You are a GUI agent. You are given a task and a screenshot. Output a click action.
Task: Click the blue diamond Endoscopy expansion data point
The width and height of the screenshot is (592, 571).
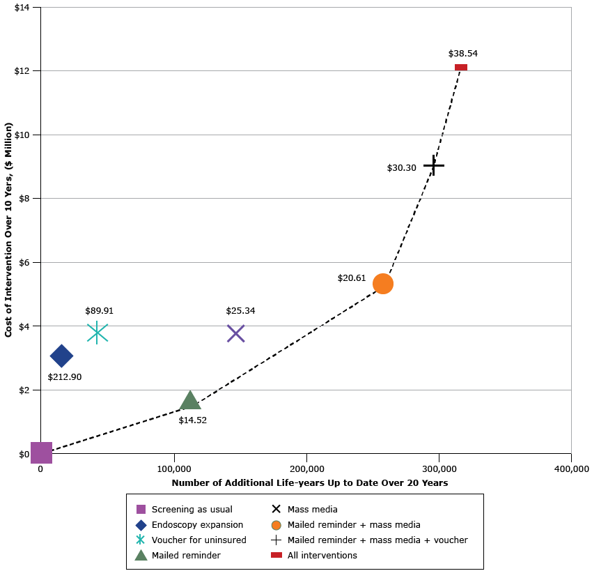coord(61,356)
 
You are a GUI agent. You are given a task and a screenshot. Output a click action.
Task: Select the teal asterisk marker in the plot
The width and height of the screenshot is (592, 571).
coord(98,333)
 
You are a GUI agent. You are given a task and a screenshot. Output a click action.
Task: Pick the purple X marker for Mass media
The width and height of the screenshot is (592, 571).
coord(235,333)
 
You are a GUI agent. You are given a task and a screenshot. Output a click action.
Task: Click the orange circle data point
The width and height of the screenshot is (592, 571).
coord(383,283)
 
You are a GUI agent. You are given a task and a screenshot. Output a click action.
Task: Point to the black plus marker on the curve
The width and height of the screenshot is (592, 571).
coord(433,165)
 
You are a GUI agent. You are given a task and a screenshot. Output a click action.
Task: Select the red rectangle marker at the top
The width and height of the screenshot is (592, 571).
coord(461,68)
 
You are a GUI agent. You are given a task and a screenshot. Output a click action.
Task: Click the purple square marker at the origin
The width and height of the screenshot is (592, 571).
coord(41,452)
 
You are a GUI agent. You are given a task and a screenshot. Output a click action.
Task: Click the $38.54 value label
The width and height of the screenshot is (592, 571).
coord(462,53)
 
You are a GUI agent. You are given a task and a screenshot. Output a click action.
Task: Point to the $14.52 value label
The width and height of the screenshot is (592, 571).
coord(192,420)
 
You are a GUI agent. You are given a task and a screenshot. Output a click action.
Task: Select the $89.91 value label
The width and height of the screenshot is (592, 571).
coord(100,311)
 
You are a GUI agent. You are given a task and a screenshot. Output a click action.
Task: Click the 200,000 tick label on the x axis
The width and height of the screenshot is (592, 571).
coord(306,469)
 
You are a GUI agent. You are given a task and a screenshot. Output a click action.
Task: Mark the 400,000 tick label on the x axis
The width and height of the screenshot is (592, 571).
coord(571,469)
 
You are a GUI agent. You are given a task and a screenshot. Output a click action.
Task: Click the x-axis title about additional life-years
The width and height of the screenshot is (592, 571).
coord(309,482)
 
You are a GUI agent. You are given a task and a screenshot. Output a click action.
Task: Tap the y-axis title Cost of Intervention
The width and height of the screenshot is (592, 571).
coord(9,230)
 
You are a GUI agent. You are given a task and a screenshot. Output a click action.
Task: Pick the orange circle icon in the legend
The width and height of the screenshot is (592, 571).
coord(276,524)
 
